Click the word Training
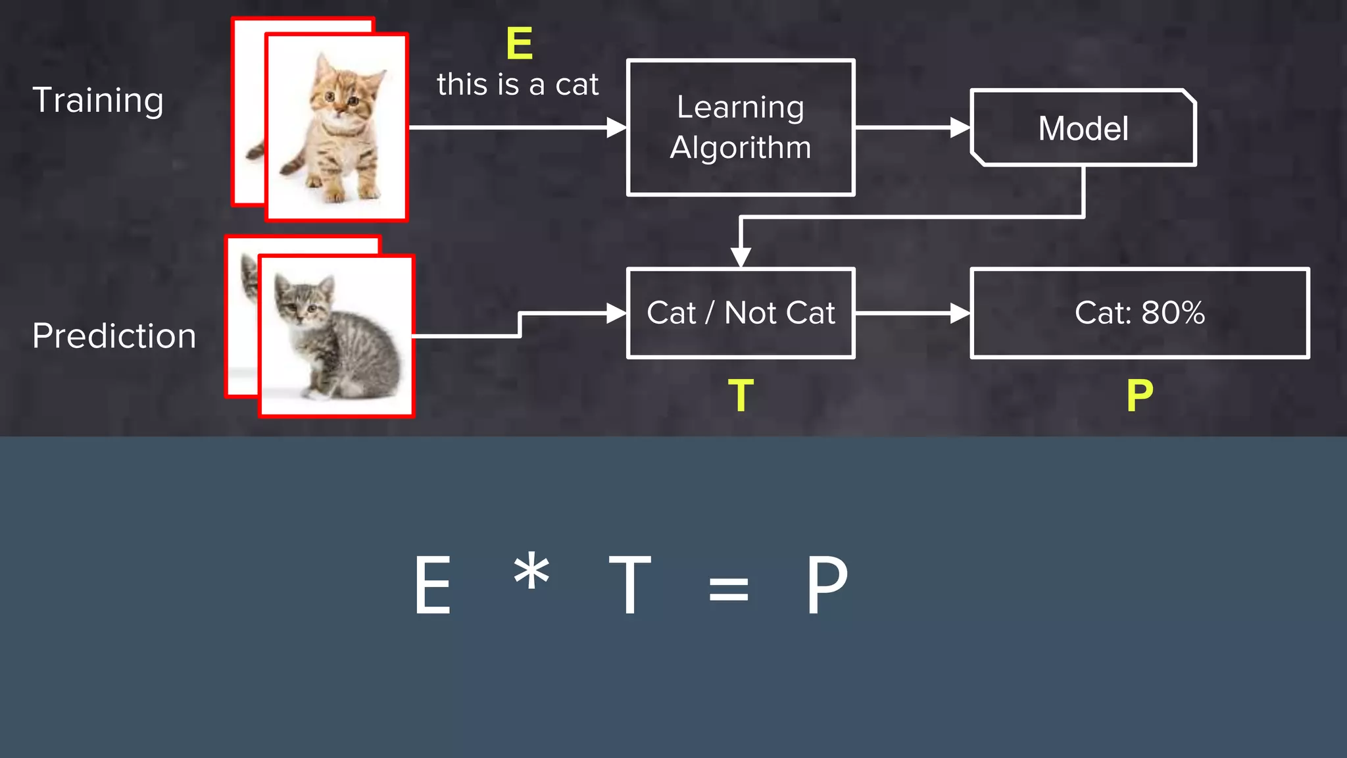[x=98, y=101]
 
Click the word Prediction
[x=114, y=336]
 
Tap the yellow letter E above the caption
[x=519, y=43]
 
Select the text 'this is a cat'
[x=518, y=85]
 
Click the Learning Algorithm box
[x=741, y=128]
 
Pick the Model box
[x=1083, y=128]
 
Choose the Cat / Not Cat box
[x=741, y=313]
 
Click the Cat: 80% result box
[x=1140, y=313]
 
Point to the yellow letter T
[x=741, y=395]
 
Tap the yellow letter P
[x=1140, y=395]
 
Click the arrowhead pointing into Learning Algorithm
[x=616, y=128]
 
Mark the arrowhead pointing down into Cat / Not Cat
[x=741, y=257]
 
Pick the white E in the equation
[x=432, y=584]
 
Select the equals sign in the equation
[x=729, y=588]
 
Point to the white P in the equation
[x=827, y=584]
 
